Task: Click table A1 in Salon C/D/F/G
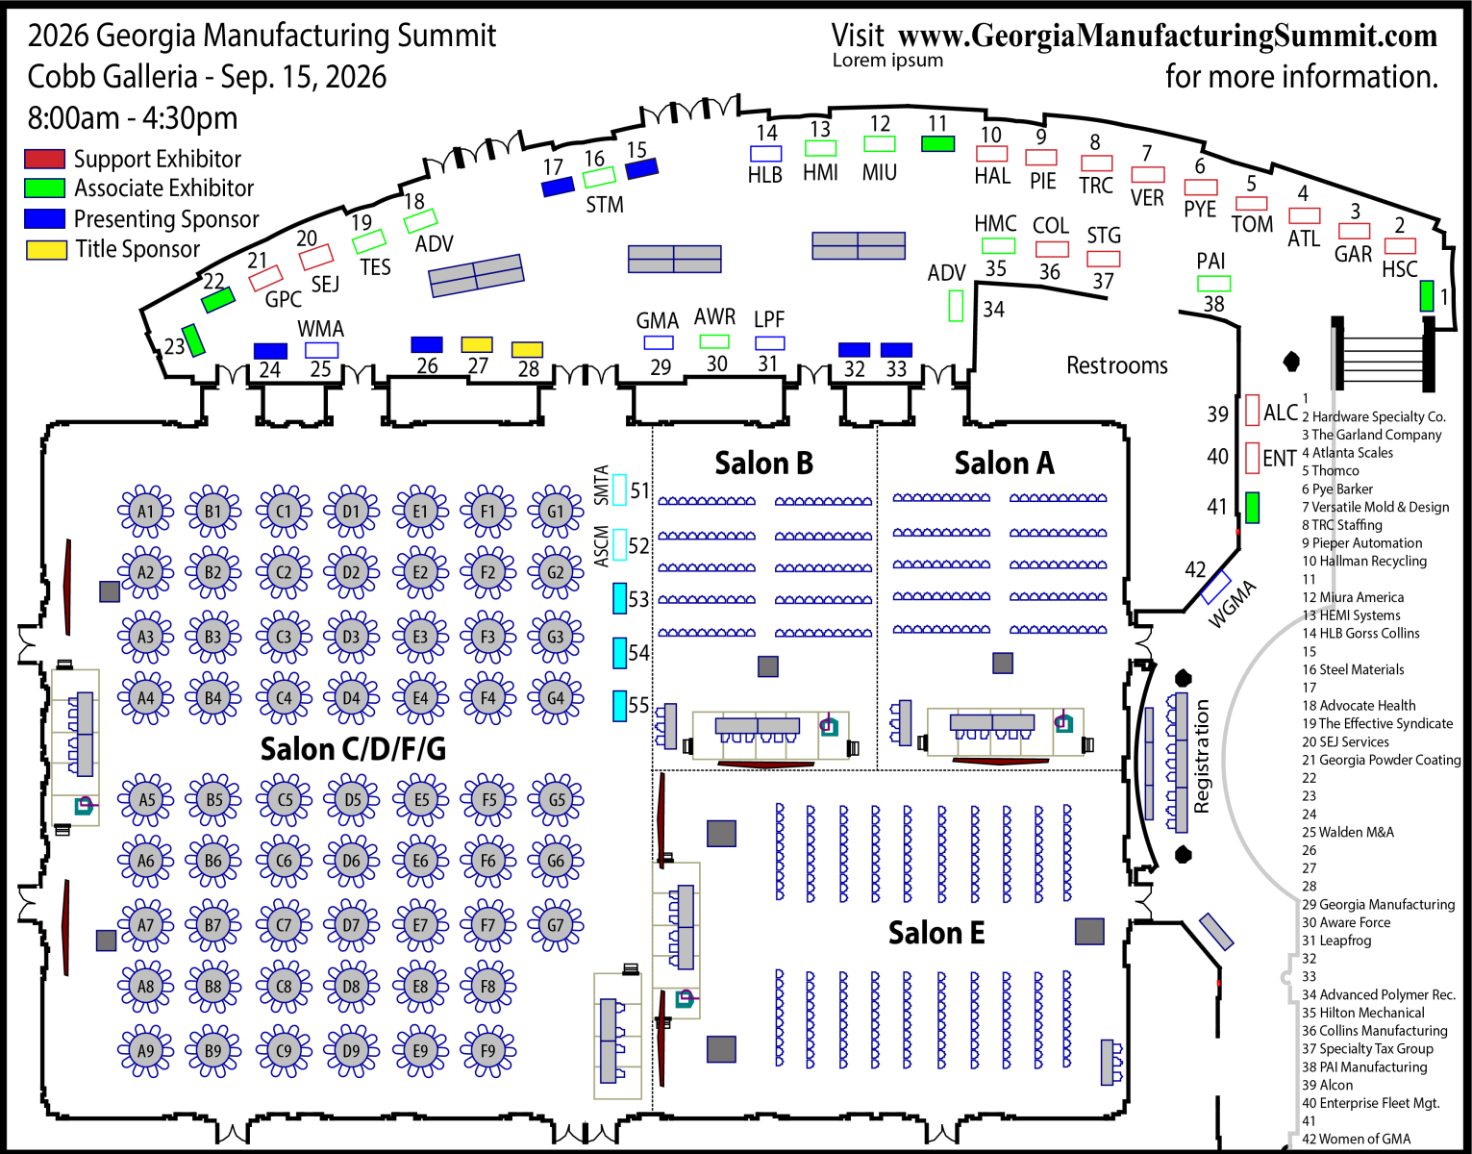(x=145, y=511)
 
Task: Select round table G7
(x=556, y=925)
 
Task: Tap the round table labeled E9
(x=420, y=1050)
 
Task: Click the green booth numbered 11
(x=937, y=144)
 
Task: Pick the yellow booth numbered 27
(x=477, y=344)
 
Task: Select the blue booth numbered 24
(x=270, y=351)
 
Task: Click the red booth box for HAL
(x=991, y=154)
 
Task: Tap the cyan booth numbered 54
(x=620, y=653)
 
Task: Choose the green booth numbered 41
(x=1252, y=508)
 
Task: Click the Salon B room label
(x=763, y=464)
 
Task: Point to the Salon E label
(x=936, y=933)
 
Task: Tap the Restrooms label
(x=1116, y=365)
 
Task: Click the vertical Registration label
(x=1202, y=756)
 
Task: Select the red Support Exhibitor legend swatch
(x=44, y=159)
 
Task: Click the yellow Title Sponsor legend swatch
(x=46, y=250)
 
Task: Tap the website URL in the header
(x=1167, y=37)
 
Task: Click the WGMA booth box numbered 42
(x=1215, y=587)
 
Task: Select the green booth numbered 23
(x=194, y=339)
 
